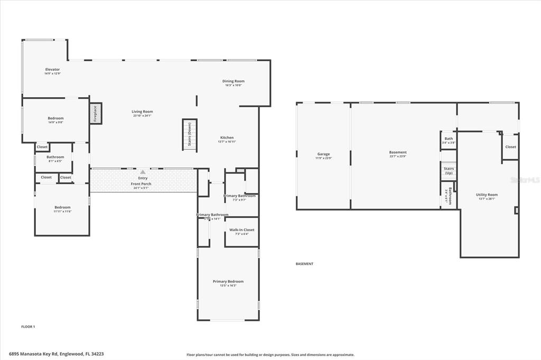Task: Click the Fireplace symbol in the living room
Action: [96, 113]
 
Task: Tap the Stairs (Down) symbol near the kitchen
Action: [190, 135]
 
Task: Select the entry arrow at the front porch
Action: [142, 172]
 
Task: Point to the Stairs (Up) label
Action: [449, 170]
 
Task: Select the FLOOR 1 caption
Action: [28, 327]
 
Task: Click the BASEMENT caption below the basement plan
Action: [304, 264]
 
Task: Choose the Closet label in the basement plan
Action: [510, 147]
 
